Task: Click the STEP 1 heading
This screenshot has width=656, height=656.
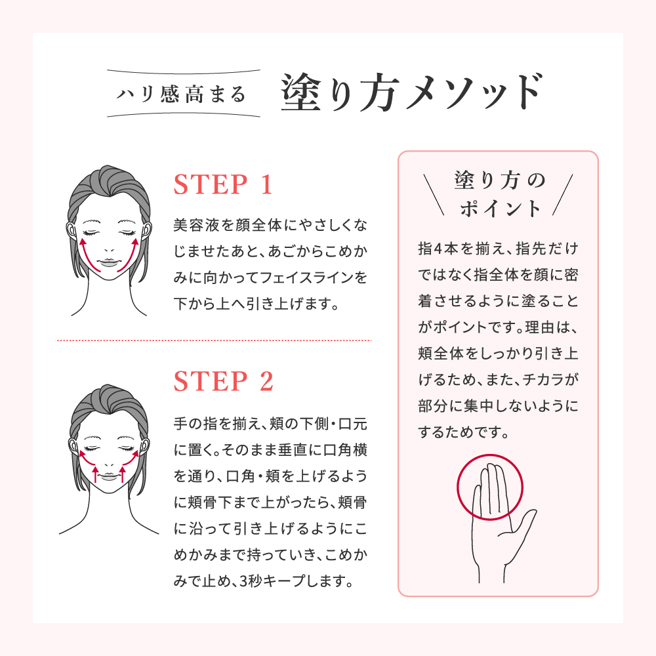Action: coord(223,184)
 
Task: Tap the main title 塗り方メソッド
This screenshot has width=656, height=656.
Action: coord(412,92)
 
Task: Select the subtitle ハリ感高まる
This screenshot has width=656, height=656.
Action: coord(181,94)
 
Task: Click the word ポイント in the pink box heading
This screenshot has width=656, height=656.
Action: coord(501,209)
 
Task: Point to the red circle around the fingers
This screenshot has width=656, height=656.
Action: coord(489,455)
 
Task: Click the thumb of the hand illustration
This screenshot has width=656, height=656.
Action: coord(523,523)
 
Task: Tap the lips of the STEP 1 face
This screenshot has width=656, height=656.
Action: coord(109,263)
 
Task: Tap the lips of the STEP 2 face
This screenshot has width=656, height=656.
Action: coord(109,476)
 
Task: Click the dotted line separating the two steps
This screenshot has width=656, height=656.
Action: coord(213,340)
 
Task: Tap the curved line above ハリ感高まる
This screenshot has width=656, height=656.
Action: coord(184,72)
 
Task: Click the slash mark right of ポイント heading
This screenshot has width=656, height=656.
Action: coord(562,195)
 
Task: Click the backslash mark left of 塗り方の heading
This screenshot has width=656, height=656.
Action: coord(434,195)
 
